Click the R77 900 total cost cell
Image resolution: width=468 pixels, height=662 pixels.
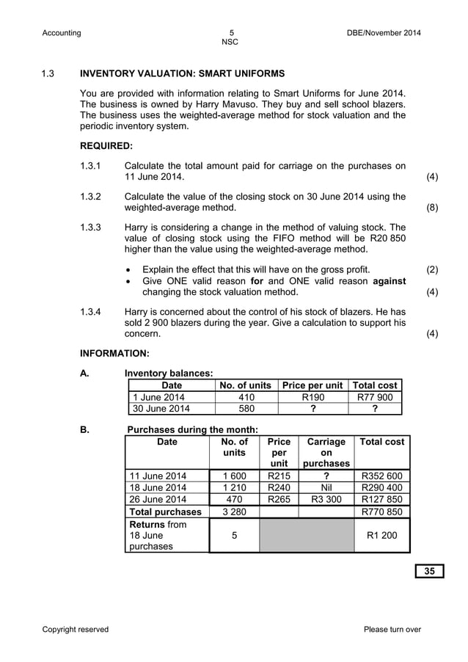[x=377, y=397]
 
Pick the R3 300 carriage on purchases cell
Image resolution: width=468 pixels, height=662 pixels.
[x=326, y=500]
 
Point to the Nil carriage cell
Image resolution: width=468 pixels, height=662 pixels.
[x=326, y=487]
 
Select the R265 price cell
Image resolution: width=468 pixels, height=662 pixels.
[x=279, y=500]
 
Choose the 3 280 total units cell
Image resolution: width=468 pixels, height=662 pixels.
[x=234, y=512]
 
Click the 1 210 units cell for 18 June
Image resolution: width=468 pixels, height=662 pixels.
[x=234, y=487]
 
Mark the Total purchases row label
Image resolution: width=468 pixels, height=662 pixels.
[x=165, y=512]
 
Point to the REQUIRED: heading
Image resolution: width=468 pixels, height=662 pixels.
[x=106, y=146]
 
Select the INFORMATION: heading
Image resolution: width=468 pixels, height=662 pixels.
[x=114, y=353]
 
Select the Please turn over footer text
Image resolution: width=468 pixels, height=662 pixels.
[x=392, y=629]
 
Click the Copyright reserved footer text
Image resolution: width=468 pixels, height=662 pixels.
[x=76, y=629]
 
